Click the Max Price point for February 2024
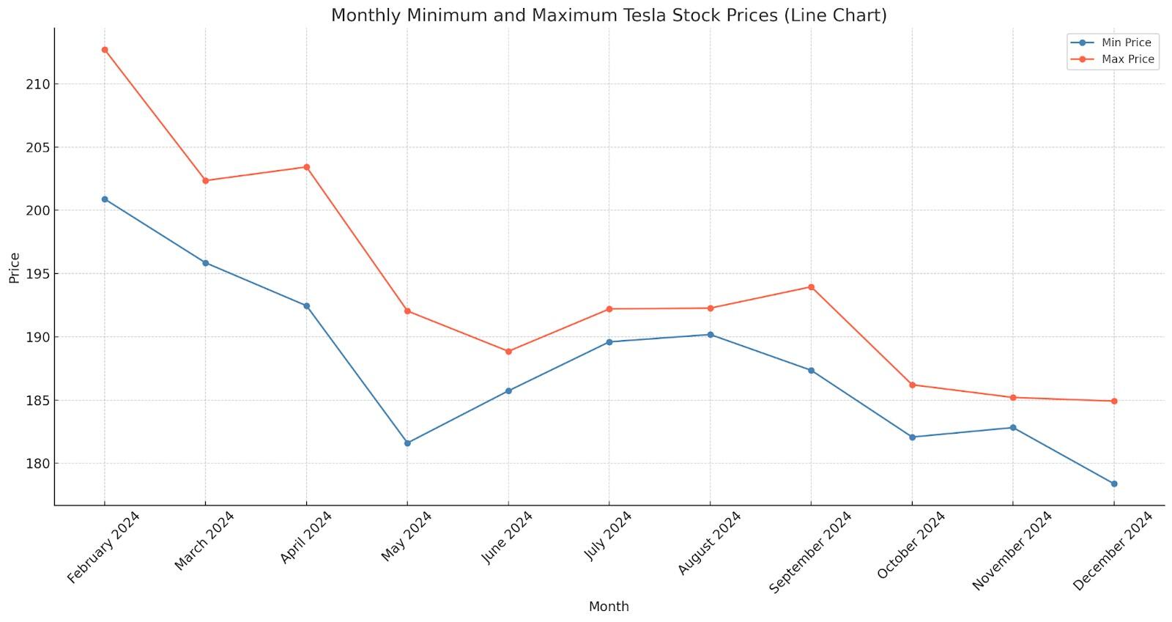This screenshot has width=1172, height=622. [105, 50]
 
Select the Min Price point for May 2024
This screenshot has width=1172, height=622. [407, 443]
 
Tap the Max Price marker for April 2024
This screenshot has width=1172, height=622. [306, 167]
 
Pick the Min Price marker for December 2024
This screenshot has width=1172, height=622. [1114, 484]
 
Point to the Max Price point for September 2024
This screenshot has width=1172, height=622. [811, 287]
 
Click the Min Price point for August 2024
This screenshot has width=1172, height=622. [710, 335]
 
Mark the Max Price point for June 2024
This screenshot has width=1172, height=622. [508, 352]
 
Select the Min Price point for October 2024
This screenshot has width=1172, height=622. [912, 437]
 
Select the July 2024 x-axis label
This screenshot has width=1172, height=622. [608, 536]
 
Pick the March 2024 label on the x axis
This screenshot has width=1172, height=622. [204, 541]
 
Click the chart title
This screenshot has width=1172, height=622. [609, 15]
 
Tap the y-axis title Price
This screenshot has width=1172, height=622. [15, 267]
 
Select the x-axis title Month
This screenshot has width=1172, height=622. [609, 607]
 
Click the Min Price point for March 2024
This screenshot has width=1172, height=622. [205, 263]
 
